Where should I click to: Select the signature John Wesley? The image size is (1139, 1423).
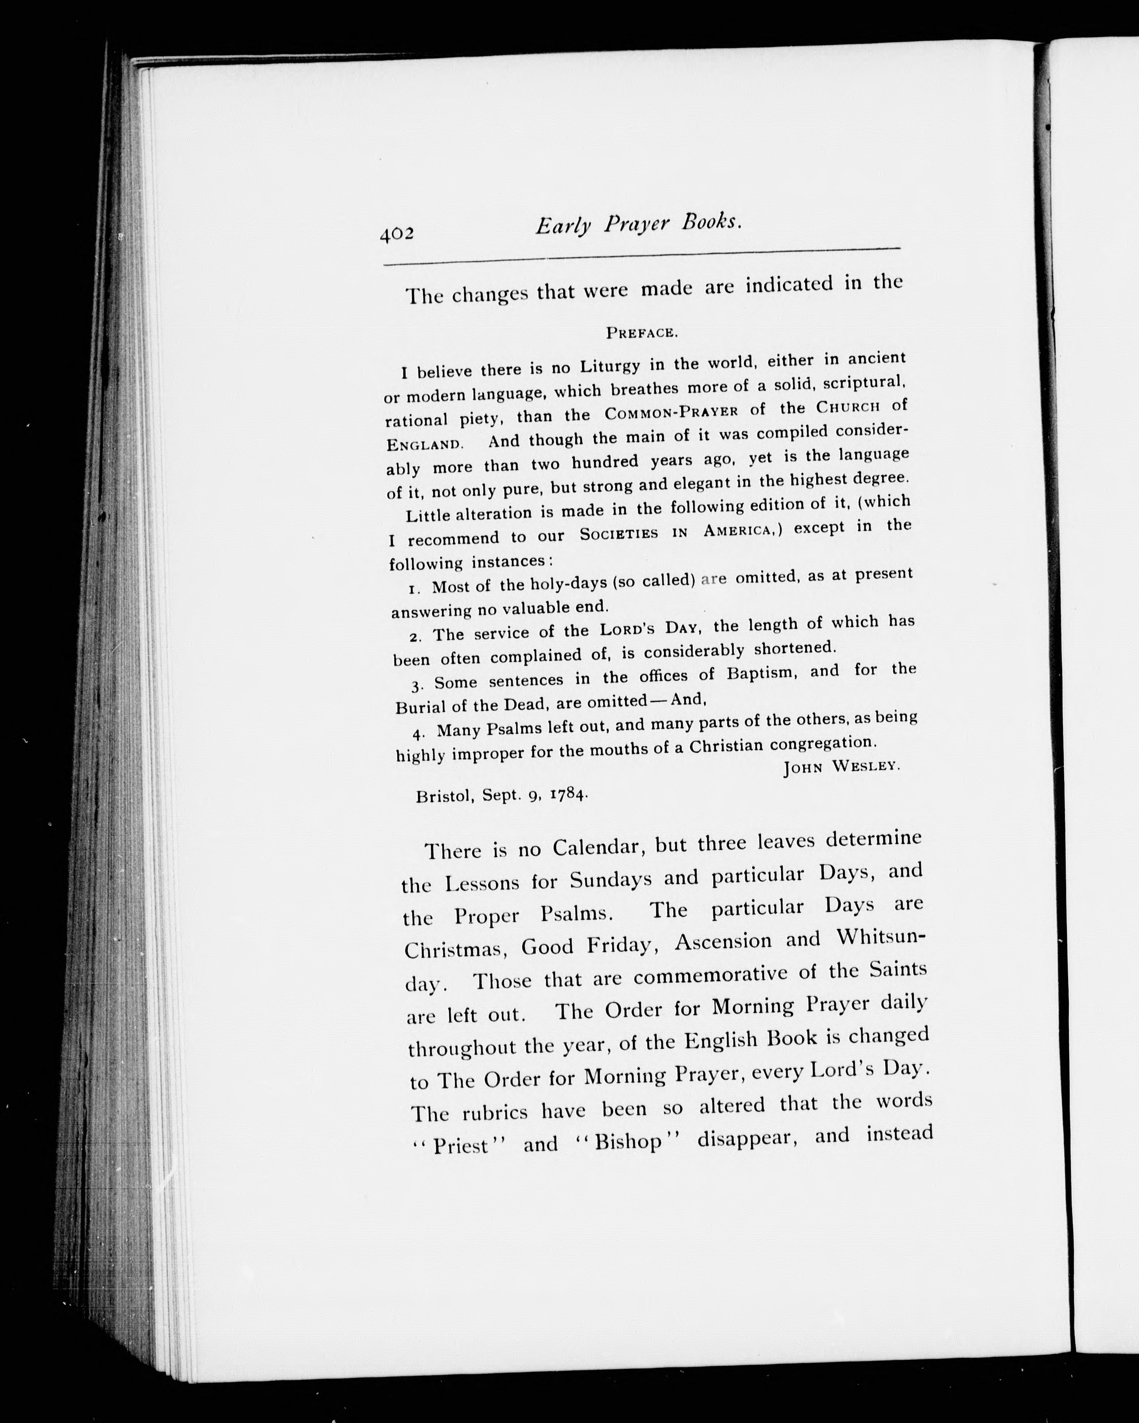(841, 766)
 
